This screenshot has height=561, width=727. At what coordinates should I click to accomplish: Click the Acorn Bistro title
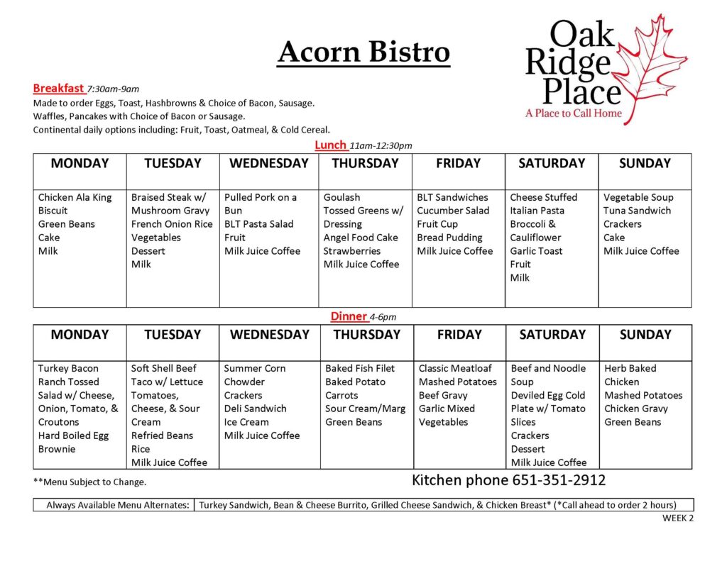point(363,52)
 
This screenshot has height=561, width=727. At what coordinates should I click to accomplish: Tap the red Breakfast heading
point(58,88)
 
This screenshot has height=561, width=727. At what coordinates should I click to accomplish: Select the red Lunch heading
point(331,145)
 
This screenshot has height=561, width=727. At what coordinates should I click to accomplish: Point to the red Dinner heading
point(349,316)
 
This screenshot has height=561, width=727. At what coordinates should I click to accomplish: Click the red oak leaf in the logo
point(649,70)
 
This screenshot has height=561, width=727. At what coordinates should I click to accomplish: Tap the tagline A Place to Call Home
point(574,113)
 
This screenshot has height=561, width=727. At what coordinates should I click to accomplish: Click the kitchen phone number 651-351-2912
point(559,480)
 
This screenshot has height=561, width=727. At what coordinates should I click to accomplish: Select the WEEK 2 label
point(678,518)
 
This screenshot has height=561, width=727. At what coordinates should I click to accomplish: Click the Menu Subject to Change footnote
point(89,482)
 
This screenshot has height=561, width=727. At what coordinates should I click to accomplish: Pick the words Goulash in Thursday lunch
point(341,197)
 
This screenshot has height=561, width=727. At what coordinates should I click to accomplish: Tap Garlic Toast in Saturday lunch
point(536,251)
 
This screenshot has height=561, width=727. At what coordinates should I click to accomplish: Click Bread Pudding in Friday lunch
point(449,238)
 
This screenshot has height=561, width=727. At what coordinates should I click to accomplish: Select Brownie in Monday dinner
point(57,449)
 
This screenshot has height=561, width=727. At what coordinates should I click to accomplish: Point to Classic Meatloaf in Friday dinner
point(455,368)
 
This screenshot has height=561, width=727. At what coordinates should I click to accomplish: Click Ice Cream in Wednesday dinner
point(246,422)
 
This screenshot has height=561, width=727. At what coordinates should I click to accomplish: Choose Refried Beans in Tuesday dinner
point(162,435)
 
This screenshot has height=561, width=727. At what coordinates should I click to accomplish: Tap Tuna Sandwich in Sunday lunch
point(637,211)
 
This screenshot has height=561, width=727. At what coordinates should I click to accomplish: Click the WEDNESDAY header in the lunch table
point(269,163)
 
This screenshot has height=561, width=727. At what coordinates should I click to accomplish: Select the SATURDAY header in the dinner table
point(552,335)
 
